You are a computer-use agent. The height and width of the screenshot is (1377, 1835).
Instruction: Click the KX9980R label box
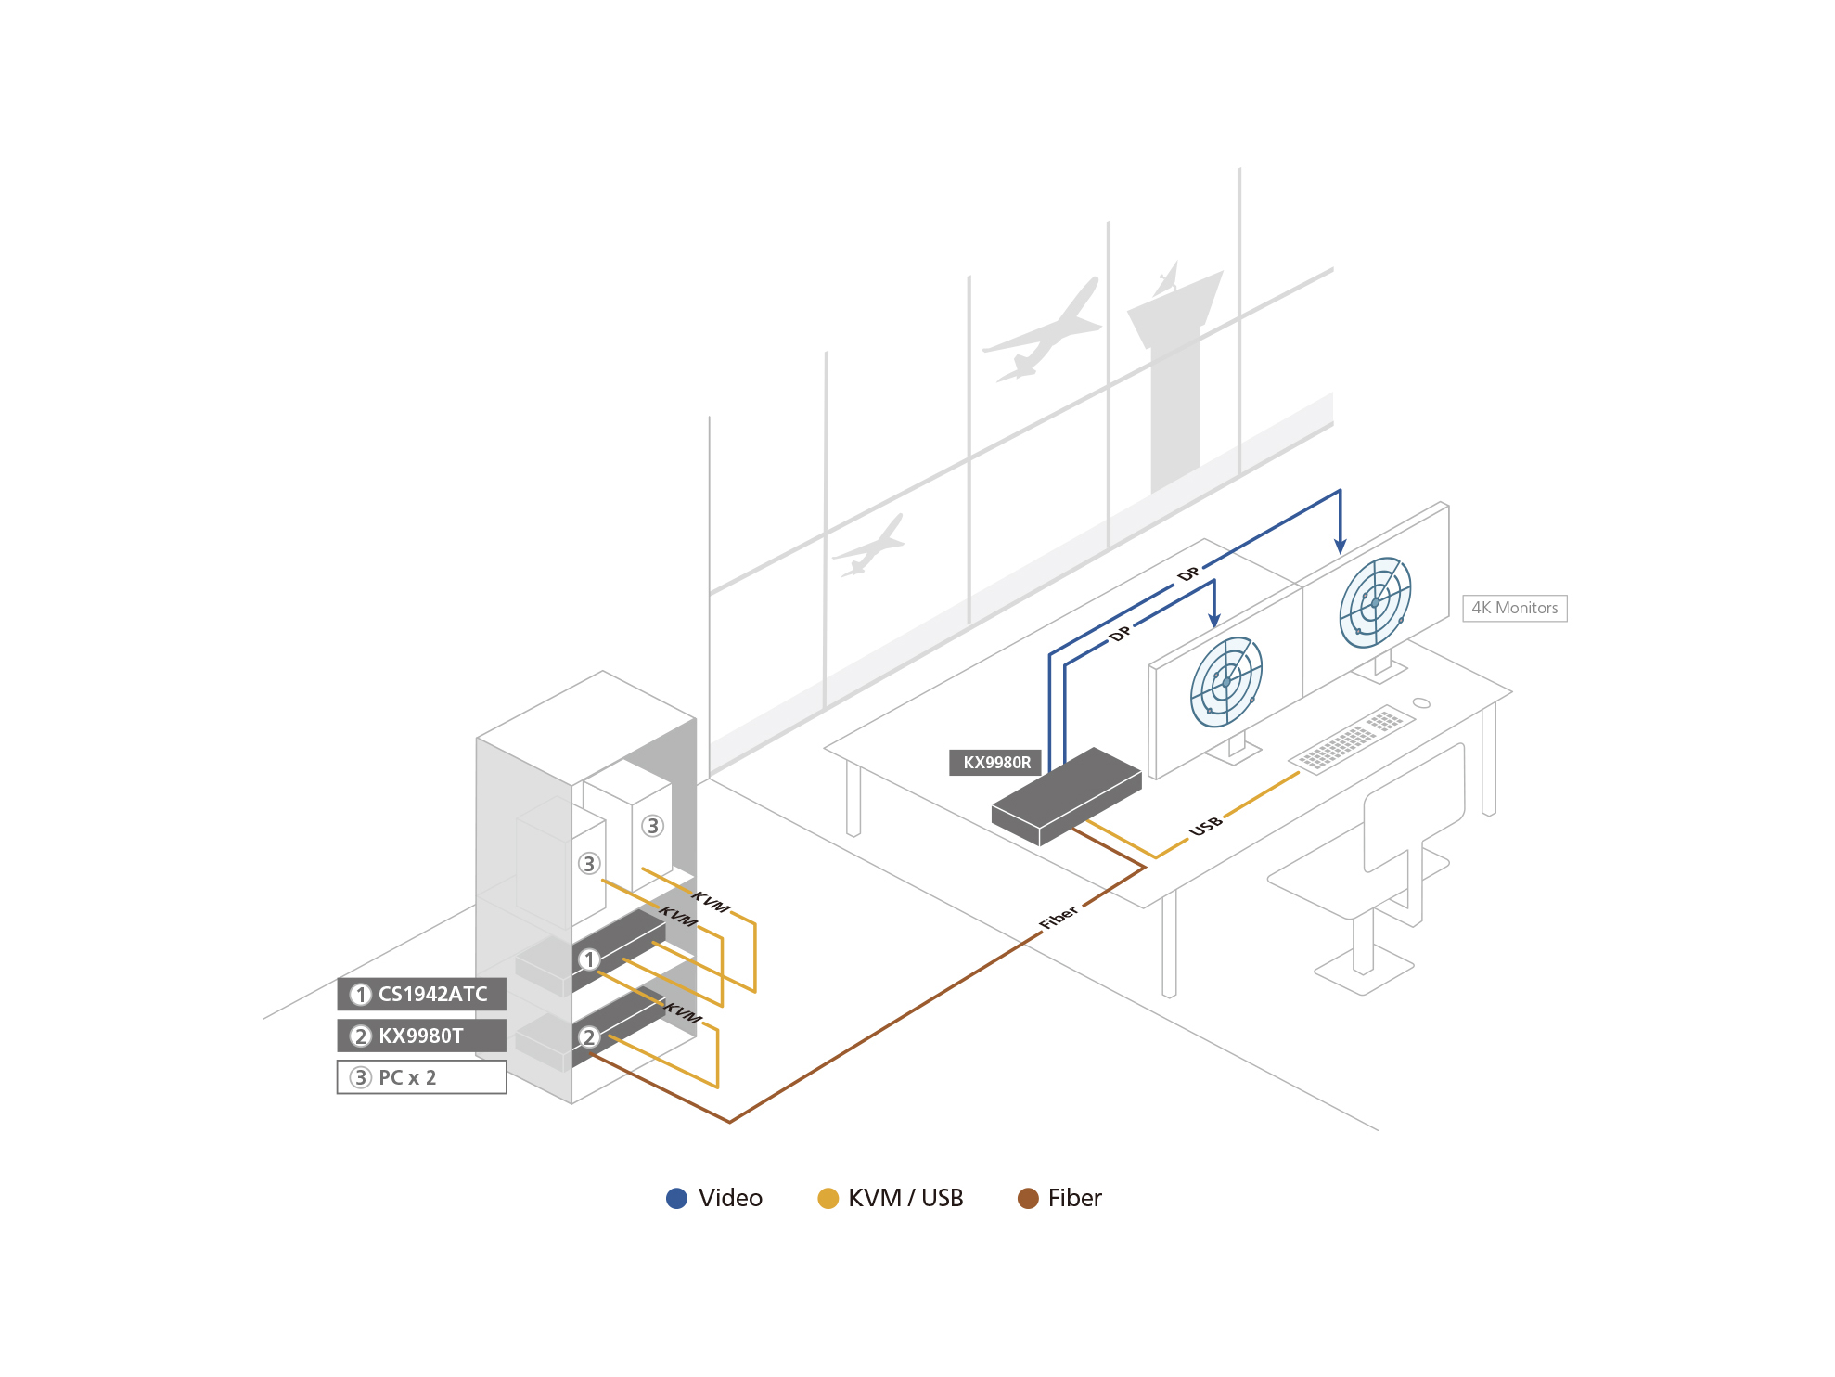coord(995,763)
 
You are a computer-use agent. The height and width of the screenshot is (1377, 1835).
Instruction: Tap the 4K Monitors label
coord(1514,608)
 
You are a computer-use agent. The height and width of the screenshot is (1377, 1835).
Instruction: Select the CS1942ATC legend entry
coord(422,994)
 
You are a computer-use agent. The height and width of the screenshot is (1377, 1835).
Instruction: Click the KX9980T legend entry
coord(422,1036)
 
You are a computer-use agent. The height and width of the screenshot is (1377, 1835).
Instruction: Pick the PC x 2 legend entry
coord(422,1077)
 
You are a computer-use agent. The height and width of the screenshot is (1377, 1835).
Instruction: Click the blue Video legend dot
coord(677,1198)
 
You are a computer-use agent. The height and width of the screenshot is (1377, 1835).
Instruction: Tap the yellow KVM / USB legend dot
coord(828,1198)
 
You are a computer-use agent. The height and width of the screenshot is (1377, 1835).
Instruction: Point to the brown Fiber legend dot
coord(1028,1198)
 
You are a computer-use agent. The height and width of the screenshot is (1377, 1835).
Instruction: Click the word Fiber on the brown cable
coord(1059,917)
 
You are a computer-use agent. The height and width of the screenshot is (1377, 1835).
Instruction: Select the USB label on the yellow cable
coord(1206,825)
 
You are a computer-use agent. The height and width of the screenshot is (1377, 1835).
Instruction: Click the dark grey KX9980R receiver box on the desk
coord(1067,796)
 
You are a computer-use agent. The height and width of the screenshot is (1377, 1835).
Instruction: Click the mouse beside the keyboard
coord(1421,702)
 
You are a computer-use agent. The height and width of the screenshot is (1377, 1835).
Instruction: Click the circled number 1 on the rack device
coord(589,959)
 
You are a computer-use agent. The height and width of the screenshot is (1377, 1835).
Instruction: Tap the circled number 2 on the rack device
coord(589,1036)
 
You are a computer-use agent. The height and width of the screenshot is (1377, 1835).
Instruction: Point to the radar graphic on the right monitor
coord(1375,601)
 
